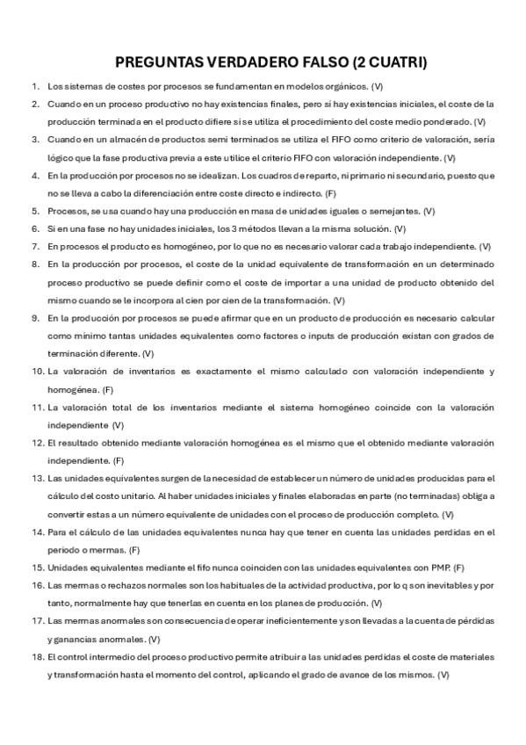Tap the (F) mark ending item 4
(331, 193)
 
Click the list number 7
(34, 246)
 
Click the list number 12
(37, 443)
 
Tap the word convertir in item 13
(68, 514)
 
